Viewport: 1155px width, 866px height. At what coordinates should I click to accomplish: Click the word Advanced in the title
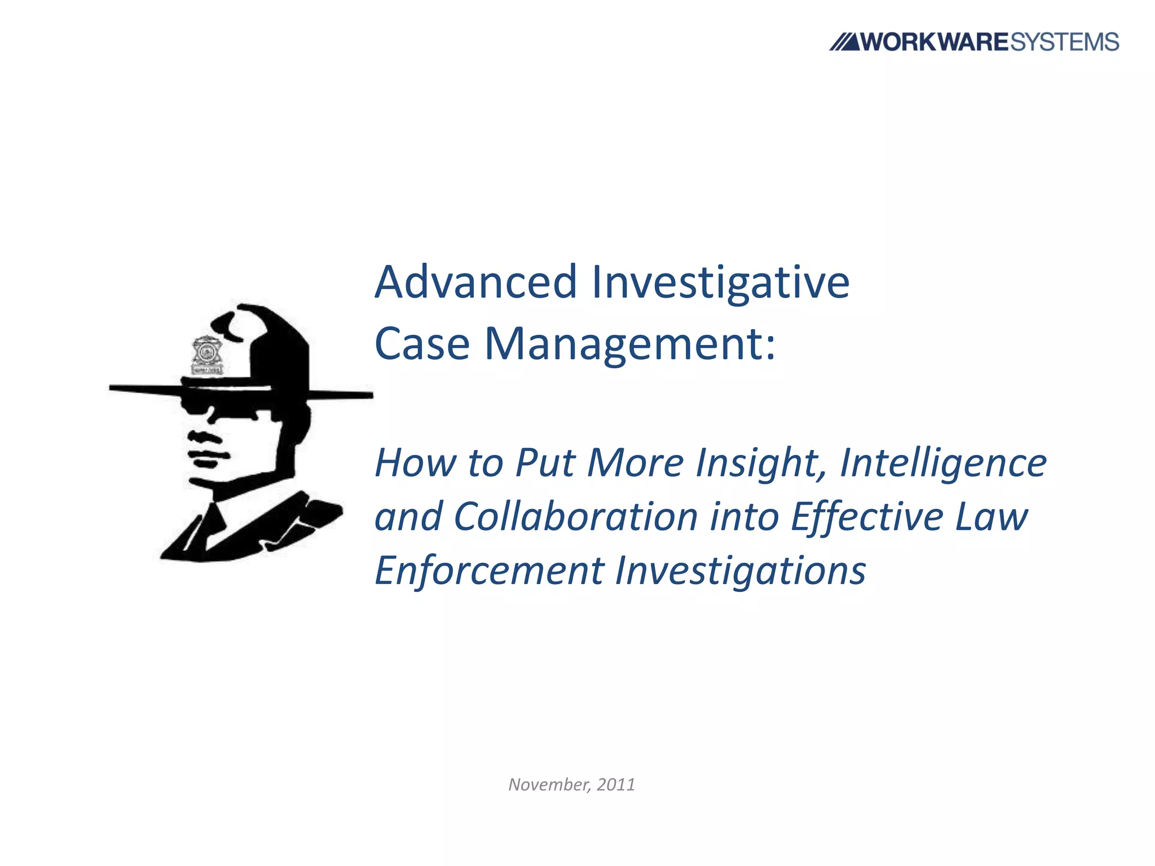[476, 282]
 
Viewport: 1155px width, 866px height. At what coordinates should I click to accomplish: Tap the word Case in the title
[422, 344]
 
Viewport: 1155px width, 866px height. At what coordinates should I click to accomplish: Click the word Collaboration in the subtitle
[576, 516]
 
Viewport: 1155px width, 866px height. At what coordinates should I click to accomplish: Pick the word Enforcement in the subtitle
[490, 571]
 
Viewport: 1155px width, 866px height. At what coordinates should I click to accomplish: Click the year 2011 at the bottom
[616, 785]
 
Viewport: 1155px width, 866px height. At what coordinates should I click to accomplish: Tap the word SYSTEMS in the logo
[1064, 42]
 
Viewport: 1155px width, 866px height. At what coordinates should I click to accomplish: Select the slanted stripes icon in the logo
[844, 42]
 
